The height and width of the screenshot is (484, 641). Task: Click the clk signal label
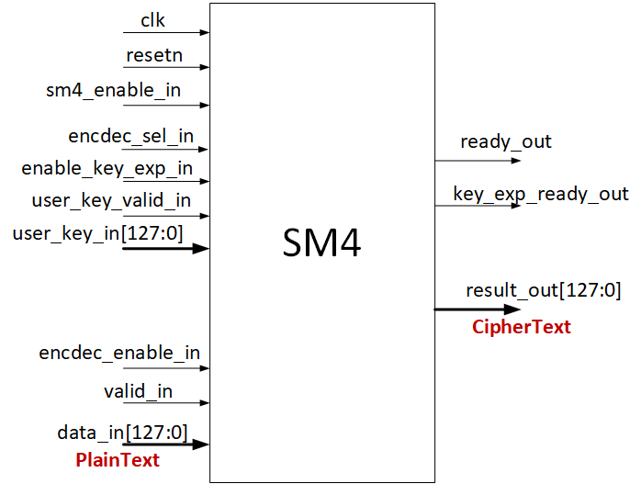point(152,19)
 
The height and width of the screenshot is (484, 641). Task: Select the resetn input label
point(154,55)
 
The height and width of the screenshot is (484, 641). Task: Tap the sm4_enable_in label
point(115,90)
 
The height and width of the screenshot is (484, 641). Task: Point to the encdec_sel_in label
point(131,136)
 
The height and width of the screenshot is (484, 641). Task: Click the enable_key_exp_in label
point(107,168)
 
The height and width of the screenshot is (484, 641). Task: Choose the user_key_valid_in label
point(112,200)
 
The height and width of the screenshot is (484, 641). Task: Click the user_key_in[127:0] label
point(98,233)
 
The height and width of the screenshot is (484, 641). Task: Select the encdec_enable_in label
point(119,353)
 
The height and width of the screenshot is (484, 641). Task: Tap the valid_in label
point(138,391)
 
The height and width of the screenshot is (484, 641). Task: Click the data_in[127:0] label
point(122,431)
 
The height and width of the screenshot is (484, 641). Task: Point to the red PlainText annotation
point(118,460)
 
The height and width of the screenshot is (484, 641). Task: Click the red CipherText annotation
point(522,327)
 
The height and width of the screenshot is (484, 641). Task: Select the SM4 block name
point(321,242)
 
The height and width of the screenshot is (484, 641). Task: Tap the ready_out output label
point(506,141)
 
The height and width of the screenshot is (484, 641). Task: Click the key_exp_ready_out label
point(541,194)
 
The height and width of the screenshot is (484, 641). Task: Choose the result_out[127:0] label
point(544,291)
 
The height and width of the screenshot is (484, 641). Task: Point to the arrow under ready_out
point(478,161)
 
